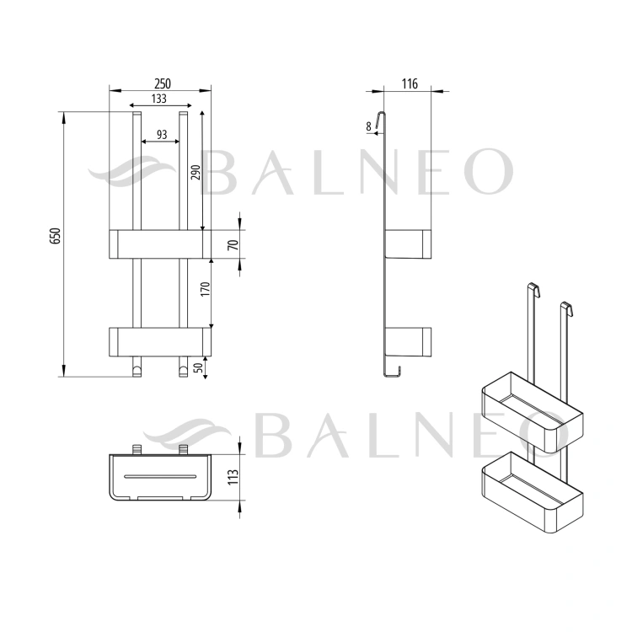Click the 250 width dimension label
coord(163,83)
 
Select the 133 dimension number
coord(158,99)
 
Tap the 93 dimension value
coord(162,135)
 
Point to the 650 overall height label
coord(56,236)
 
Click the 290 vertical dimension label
coord(195,173)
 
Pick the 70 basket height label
coord(233,244)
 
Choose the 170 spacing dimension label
coord(205,289)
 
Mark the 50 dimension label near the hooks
coord(198,367)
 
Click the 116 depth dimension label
coord(410,83)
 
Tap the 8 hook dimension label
coord(368,126)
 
